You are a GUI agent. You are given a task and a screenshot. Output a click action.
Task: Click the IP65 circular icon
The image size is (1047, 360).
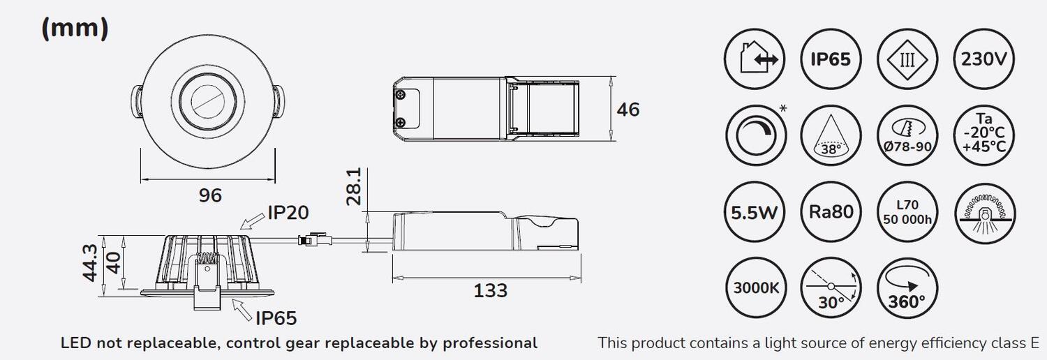(831, 59)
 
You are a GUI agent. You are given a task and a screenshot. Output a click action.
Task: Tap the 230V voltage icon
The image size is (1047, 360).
(984, 59)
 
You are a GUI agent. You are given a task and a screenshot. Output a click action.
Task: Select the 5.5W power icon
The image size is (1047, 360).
(755, 212)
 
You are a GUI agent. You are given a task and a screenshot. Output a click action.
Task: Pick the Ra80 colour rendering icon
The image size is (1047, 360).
(831, 212)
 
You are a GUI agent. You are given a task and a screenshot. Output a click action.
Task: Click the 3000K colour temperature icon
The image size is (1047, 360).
(756, 288)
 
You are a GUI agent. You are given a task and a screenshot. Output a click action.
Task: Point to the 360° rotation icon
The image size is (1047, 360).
(907, 288)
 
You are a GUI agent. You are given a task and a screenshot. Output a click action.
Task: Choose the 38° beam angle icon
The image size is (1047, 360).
(831, 135)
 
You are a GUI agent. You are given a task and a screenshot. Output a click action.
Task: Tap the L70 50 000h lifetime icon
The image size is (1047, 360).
(907, 212)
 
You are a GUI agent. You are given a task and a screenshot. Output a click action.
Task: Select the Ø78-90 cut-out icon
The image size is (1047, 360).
(907, 135)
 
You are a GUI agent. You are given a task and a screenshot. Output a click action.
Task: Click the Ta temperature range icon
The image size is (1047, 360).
(984, 135)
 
